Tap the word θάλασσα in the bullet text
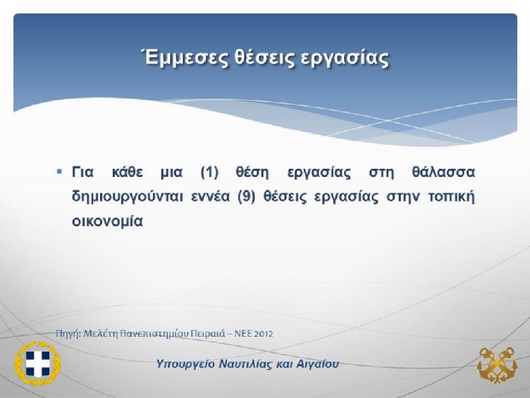click(443, 172)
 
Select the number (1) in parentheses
click(210, 172)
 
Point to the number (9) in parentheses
click(246, 197)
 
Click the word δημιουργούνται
click(128, 197)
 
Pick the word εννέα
click(211, 196)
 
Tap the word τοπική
click(451, 197)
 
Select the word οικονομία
click(107, 222)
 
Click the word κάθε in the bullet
click(127, 172)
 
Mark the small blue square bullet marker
click(60, 172)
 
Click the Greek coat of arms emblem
click(37, 363)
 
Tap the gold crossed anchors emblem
click(497, 365)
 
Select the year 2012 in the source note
click(264, 334)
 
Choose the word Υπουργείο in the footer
click(186, 364)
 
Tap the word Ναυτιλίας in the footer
click(246, 364)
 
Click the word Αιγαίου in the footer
click(317, 364)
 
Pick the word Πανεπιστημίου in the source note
click(155, 334)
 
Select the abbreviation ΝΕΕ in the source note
click(243, 334)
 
